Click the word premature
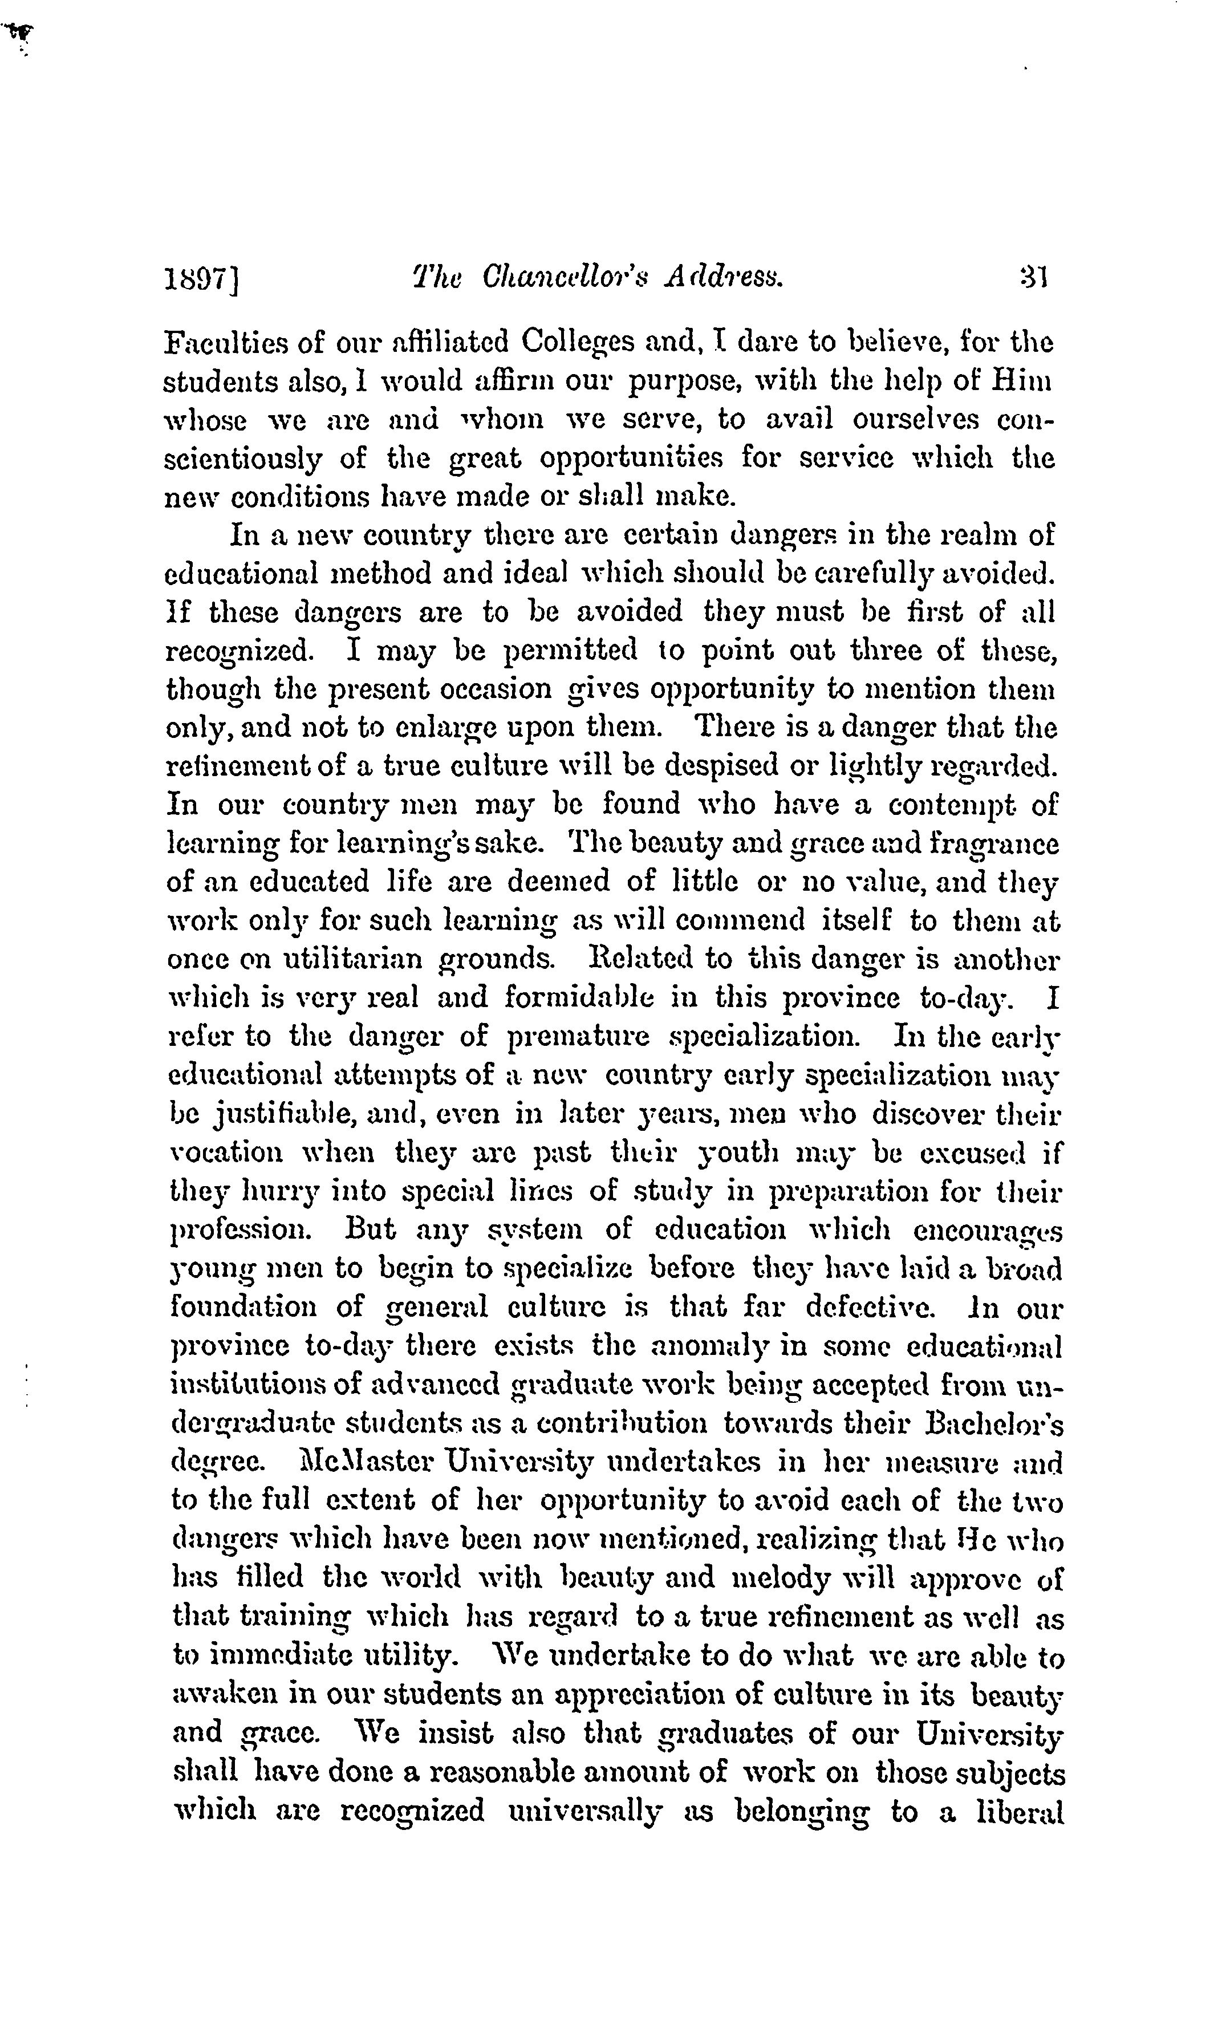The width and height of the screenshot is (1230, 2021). pyautogui.click(x=577, y=1037)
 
